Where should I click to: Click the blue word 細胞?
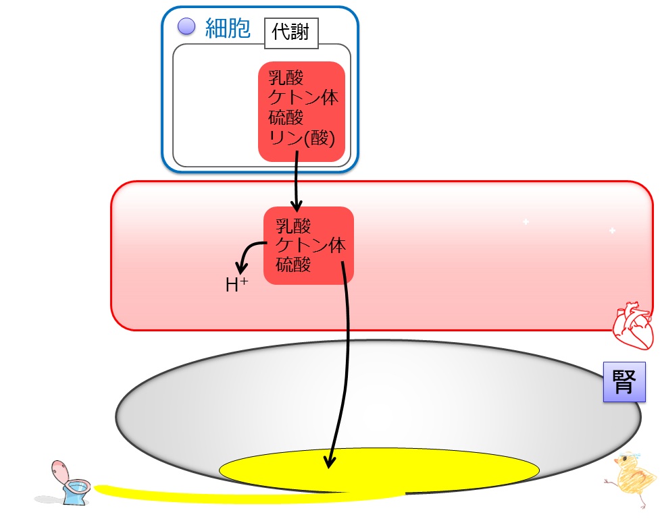[228, 28]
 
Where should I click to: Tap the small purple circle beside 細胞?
[186, 26]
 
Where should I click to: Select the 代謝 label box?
[291, 33]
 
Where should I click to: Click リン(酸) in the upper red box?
[302, 138]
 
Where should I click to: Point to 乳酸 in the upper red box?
[286, 77]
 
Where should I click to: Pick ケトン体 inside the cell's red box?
[303, 97]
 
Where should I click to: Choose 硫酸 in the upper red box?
[286, 117]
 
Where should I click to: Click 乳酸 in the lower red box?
[293, 226]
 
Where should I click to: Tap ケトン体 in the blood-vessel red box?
[311, 245]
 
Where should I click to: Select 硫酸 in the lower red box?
[293, 265]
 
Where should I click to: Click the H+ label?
[236, 284]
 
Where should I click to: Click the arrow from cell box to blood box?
[296, 182]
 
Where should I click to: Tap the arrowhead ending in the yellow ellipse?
[330, 462]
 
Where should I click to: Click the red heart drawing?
[632, 325]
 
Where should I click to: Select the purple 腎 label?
[624, 382]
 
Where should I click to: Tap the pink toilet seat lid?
[59, 470]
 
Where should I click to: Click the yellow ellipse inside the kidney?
[379, 470]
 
